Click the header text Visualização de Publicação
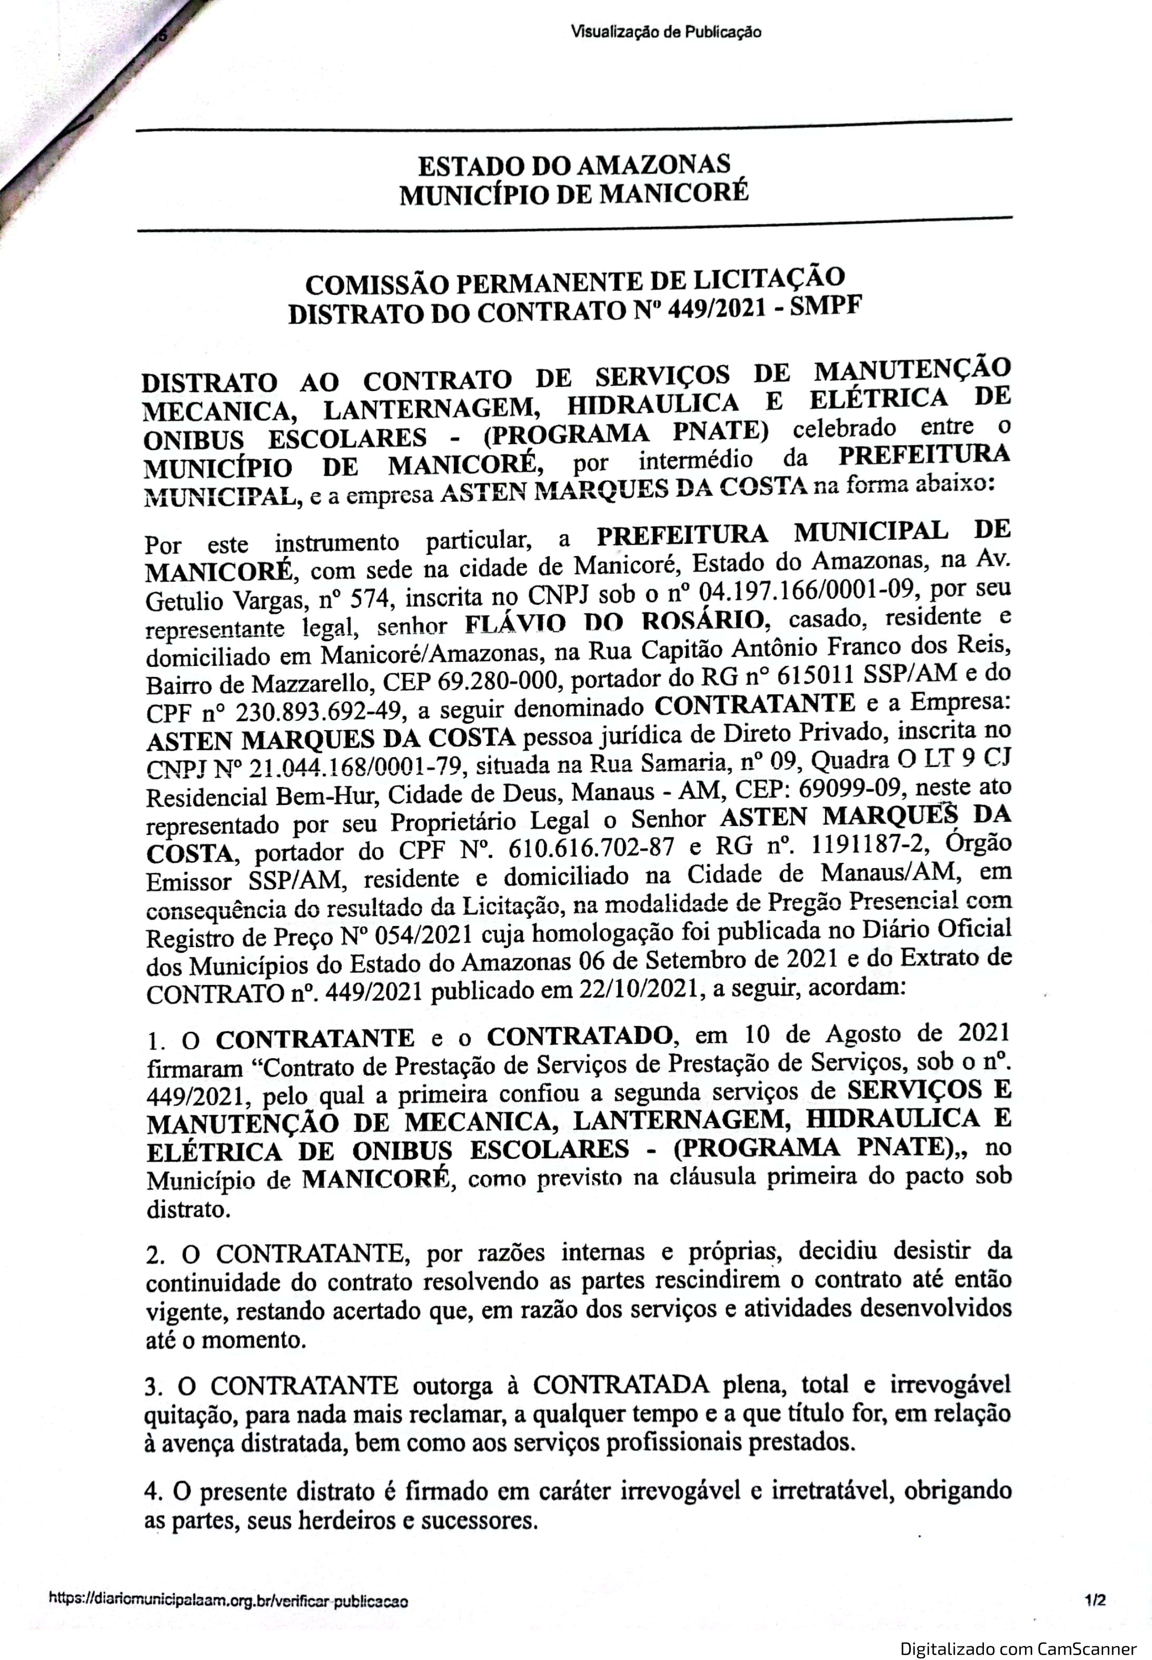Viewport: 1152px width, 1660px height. [666, 32]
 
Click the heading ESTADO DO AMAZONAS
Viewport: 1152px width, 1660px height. [575, 165]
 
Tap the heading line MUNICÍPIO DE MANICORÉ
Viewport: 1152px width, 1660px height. [575, 194]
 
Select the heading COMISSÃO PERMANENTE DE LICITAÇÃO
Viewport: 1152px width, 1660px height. [575, 282]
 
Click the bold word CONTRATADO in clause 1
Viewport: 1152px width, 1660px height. [580, 1037]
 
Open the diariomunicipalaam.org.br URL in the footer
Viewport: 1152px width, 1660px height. [228, 1601]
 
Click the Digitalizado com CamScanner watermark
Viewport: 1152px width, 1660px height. [1018, 1649]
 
